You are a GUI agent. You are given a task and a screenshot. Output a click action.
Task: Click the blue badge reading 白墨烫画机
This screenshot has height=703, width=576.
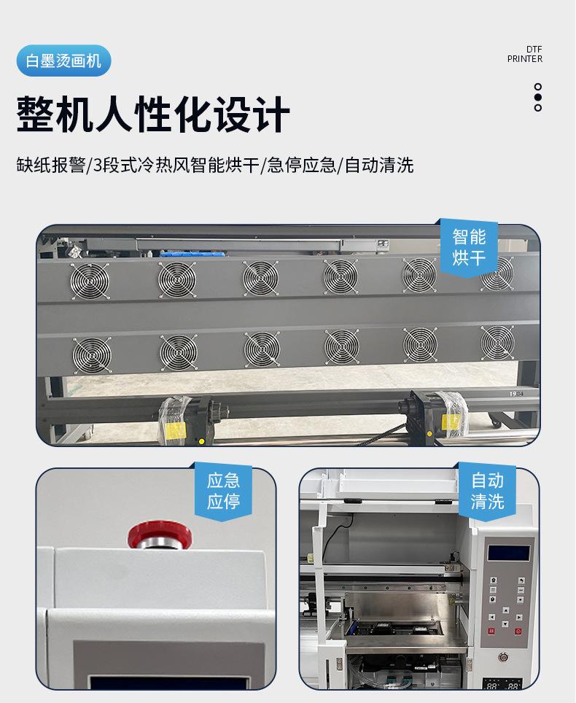coord(63,61)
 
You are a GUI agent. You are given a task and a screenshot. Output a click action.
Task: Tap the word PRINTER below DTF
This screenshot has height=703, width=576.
coord(525,59)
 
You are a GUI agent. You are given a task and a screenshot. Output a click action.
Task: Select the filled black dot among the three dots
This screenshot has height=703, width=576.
coord(538,97)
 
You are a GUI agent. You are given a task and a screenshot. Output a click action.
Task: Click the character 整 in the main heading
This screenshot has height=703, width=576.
coord(36,114)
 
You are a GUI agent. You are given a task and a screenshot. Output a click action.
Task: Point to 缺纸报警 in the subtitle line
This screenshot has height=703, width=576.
coord(50,166)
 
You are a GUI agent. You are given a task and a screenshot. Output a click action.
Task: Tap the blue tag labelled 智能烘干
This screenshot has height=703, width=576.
coord(469,246)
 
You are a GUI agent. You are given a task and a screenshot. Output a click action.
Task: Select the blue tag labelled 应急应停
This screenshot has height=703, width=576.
coord(223,491)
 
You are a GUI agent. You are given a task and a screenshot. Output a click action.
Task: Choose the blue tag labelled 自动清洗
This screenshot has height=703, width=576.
coord(487,491)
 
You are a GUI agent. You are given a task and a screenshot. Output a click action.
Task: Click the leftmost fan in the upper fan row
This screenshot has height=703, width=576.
coord(89,280)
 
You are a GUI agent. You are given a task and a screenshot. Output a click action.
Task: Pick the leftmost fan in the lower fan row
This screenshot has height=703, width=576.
coord(91,354)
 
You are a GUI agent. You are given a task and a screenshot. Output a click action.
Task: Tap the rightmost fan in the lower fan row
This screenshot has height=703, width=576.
coord(497,343)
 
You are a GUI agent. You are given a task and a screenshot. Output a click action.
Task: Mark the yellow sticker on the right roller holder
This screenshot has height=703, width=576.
coord(451,422)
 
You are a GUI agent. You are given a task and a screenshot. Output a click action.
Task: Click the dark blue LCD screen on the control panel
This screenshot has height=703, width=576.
coord(508,552)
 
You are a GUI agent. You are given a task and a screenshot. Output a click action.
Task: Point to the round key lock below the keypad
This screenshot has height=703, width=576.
coord(503,657)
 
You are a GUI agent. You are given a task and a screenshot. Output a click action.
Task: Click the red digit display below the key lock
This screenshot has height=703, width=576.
coord(503,685)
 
